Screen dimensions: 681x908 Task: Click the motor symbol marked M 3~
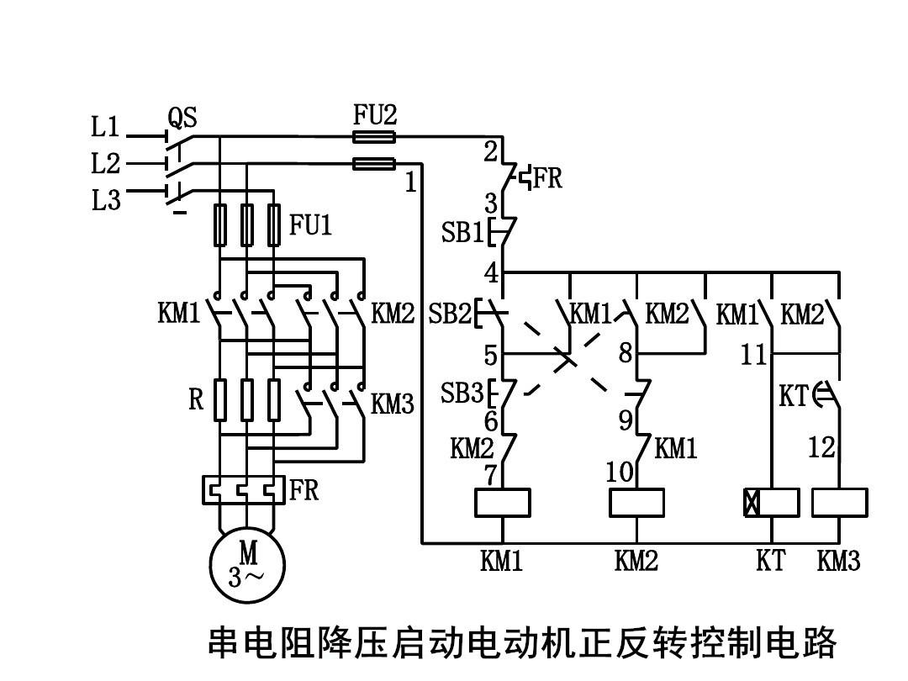point(247,566)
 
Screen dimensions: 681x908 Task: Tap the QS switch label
point(182,117)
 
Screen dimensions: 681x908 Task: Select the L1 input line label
point(106,128)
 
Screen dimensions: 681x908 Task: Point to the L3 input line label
point(106,201)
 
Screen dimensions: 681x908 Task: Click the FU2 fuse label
point(374,115)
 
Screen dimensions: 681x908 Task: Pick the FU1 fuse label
point(311,225)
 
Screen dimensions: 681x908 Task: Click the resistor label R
point(196,399)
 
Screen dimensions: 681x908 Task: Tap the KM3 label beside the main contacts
point(393,404)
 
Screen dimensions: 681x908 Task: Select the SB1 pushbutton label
point(462,233)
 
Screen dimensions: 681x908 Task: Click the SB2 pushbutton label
point(450,314)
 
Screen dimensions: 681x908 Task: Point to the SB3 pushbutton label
point(462,393)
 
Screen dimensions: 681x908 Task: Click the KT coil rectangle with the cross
point(771,503)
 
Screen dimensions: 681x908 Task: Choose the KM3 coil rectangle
point(839,503)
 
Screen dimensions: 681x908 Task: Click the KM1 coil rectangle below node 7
point(502,503)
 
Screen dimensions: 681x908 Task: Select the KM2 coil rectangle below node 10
point(636,503)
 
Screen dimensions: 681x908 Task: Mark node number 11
point(754,355)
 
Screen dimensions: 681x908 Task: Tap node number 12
point(821,447)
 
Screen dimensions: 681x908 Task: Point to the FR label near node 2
point(547,179)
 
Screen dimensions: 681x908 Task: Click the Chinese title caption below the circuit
point(522,643)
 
